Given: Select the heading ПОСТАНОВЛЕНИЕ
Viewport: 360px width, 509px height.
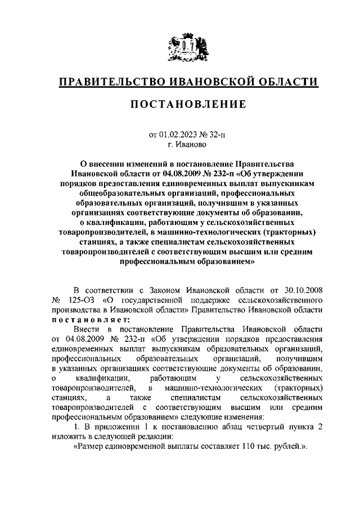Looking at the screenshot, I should click(180, 105).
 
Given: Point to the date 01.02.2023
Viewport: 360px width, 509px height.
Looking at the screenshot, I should click(179, 134).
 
